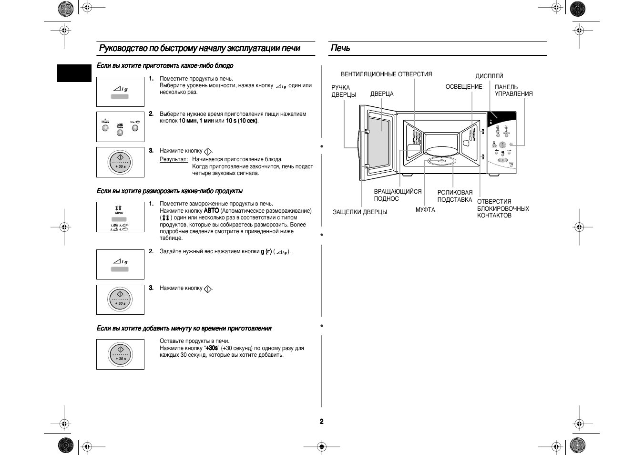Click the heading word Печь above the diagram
pos(340,48)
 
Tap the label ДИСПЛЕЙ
pos(489,76)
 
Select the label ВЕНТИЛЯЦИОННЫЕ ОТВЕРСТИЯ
pos(386,74)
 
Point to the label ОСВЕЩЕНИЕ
pos(464,87)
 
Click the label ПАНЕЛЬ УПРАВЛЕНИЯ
pos(513,91)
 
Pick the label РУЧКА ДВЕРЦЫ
pos(343,91)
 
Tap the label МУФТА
pos(425,210)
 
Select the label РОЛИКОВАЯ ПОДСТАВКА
pos(455,196)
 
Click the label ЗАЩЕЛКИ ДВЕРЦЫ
pos(359,212)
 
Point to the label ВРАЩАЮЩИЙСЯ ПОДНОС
pos(398,195)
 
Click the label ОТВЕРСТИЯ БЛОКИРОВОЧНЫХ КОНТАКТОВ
pos(503,208)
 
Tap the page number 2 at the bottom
pos(322,422)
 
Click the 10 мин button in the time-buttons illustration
pos(105,127)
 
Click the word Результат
pos(174,159)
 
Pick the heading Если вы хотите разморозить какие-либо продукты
pos(169,191)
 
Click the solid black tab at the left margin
pos(74,73)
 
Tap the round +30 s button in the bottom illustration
pos(120,354)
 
